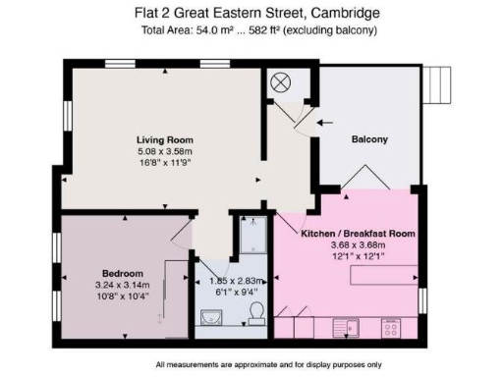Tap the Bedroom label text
[x=123, y=273]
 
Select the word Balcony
[x=369, y=139]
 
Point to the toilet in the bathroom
[x=258, y=312]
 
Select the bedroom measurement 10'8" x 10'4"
[x=123, y=297]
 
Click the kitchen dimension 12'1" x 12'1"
[x=359, y=257]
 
